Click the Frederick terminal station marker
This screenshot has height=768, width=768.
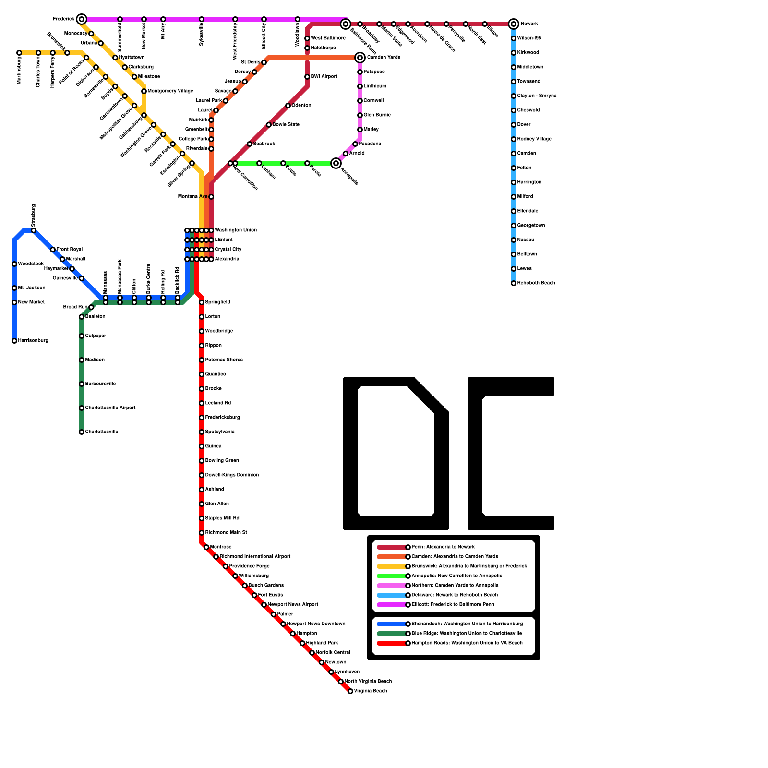[82, 19]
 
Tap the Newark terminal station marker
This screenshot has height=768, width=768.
[514, 24]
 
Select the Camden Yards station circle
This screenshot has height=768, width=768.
[360, 58]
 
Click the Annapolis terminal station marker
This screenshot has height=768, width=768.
[336, 163]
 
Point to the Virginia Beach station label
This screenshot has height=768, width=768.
[370, 691]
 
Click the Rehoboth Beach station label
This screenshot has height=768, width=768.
[536, 283]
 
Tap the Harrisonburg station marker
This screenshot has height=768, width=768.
[14, 341]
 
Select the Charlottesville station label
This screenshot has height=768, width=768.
[101, 432]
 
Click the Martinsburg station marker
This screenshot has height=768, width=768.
[19, 53]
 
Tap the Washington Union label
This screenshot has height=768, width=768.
[235, 230]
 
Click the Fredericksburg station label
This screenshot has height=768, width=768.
[222, 418]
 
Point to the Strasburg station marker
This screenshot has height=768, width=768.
[34, 230]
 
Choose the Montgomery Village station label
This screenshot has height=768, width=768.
[170, 91]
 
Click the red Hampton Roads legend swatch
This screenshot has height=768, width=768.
[392, 643]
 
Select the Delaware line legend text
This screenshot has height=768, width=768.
[455, 595]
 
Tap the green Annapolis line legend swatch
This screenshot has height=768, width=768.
[392, 576]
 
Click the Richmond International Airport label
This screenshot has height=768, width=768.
[255, 557]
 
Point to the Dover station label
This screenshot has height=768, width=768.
[524, 125]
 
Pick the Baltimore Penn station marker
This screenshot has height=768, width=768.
[346, 24]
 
